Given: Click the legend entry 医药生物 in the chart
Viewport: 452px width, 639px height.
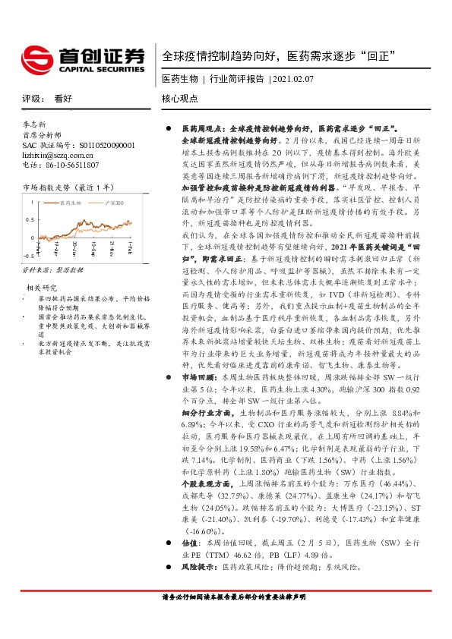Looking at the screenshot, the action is coord(74,203).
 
